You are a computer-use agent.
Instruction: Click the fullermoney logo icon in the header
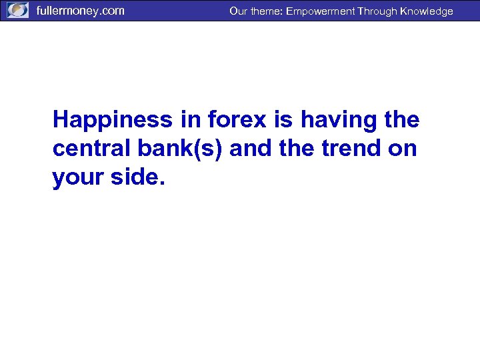[17, 11]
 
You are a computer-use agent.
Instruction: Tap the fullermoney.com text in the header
[80, 11]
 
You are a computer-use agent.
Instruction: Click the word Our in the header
[238, 11]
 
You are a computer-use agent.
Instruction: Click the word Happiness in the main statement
[112, 120]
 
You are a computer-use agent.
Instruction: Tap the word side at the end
[136, 177]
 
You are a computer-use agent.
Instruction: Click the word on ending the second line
[403, 149]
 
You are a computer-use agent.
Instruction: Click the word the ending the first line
[401, 120]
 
